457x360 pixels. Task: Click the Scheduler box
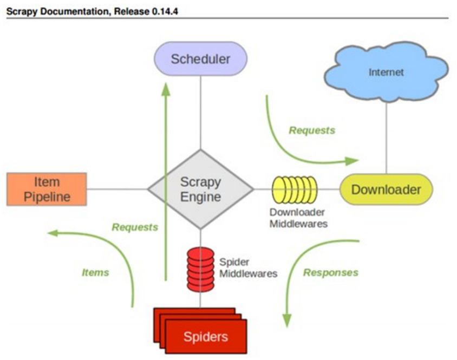200,58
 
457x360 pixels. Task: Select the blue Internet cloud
387,71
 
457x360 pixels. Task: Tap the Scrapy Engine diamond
200,189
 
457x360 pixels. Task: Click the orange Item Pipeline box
47,189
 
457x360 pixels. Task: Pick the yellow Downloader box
386,189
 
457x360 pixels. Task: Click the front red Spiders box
206,337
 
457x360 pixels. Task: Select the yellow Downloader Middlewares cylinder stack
295,189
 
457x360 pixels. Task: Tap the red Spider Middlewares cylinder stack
200,270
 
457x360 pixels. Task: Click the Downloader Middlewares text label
298,218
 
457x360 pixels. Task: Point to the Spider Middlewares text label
249,267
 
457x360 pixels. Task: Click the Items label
95,272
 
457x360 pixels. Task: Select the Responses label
331,272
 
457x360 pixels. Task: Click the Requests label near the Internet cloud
312,130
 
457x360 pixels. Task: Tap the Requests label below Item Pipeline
135,227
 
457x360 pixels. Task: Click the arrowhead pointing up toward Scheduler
166,89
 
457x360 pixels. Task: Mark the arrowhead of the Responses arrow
287,321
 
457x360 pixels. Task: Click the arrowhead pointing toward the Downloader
351,161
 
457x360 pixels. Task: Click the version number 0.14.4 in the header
165,11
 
